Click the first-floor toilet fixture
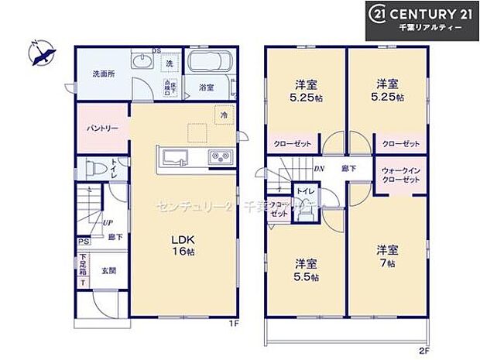coord(94,168)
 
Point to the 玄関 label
coord(108,271)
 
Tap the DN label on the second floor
coord(319,168)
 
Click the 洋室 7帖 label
coord(387,255)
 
